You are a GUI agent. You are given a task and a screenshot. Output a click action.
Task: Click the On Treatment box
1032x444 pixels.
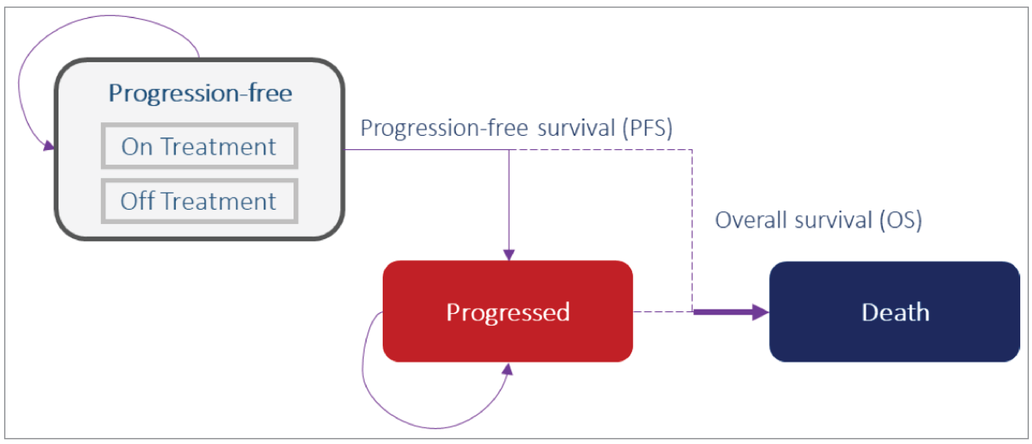[199, 146]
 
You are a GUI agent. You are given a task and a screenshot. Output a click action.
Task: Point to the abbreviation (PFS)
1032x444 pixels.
[647, 128]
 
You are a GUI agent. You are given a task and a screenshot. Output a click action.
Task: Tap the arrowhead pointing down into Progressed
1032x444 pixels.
[509, 255]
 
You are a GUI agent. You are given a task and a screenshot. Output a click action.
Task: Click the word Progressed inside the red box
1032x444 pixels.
[508, 312]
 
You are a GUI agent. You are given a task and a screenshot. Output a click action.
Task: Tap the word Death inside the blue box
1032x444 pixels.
[895, 312]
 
